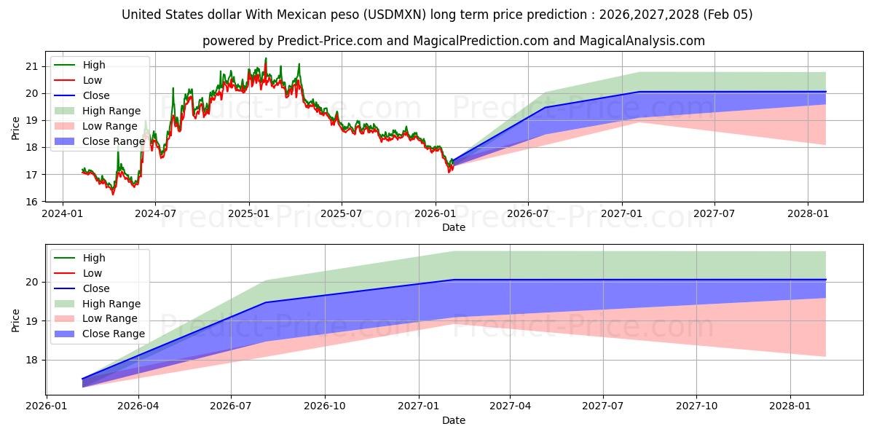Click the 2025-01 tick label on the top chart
coord(249,213)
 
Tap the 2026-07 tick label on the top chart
coord(528,213)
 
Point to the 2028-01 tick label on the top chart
coord(808,213)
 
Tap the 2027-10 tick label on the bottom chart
coord(697,406)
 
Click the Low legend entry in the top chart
coord(92,80)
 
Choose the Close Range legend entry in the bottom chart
coord(113,334)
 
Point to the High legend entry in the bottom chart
coord(94,258)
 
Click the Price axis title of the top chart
coord(16,128)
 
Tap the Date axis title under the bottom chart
coord(454,420)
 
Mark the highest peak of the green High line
coord(265,58)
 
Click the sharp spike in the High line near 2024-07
coord(173,88)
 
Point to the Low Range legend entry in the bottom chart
coord(111,318)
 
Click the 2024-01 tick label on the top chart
coord(63,213)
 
